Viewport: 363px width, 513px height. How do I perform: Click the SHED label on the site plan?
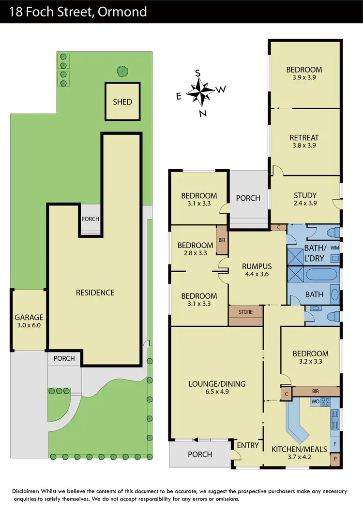tap(122, 102)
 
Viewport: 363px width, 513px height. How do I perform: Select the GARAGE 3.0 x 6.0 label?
tap(29, 321)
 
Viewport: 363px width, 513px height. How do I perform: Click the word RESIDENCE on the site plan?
tap(95, 293)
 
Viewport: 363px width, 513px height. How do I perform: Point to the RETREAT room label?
tap(304, 137)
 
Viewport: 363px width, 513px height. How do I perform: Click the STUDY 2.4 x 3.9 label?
tap(305, 199)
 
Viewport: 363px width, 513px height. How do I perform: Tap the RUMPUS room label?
tap(257, 269)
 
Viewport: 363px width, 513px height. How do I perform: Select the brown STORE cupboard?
tap(245, 312)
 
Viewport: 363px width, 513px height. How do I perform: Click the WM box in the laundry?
tap(334, 248)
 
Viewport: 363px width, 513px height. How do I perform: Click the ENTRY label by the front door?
tap(248, 445)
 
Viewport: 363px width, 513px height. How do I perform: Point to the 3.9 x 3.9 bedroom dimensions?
tap(304, 77)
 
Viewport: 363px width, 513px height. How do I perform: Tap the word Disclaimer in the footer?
tap(29, 492)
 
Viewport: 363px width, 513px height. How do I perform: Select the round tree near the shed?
tap(122, 71)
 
